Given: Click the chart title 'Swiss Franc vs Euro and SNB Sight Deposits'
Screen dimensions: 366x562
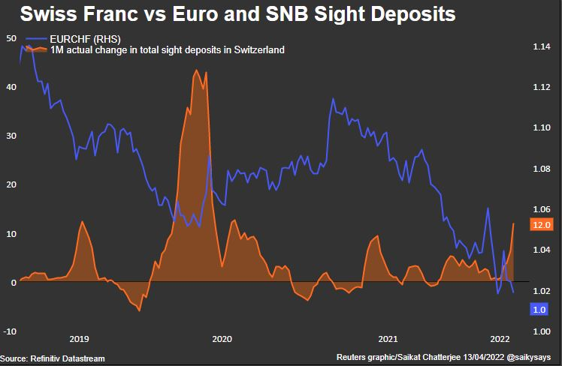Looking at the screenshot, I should (x=239, y=14).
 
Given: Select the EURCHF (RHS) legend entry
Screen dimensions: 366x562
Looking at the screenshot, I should (x=83, y=39).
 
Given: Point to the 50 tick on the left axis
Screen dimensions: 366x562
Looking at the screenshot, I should (x=11, y=38).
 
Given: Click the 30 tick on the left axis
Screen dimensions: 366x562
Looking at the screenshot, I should (x=11, y=136).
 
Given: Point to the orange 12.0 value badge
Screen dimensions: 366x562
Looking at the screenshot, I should (x=541, y=224).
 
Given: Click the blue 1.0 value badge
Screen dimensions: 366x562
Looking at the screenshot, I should (x=538, y=309).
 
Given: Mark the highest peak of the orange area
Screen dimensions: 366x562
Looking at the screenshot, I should (x=196, y=70).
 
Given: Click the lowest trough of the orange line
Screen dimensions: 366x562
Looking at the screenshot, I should (x=139, y=310).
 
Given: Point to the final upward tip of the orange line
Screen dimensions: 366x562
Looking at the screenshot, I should (x=514, y=223).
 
